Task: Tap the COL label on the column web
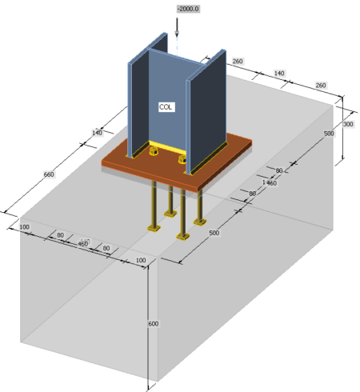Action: pyautogui.click(x=166, y=106)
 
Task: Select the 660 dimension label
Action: pyautogui.click(x=48, y=174)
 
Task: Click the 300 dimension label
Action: pyautogui.click(x=348, y=125)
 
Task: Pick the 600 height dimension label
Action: pyautogui.click(x=153, y=323)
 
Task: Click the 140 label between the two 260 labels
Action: pyautogui.click(x=279, y=73)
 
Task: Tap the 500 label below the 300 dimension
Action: pyautogui.click(x=328, y=134)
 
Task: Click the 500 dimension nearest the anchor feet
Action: pyautogui.click(x=213, y=232)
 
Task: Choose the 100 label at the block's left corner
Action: pyautogui.click(x=25, y=228)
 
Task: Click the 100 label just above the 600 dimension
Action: pyautogui.click(x=142, y=261)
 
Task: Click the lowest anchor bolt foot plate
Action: pyautogui.click(x=183, y=238)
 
